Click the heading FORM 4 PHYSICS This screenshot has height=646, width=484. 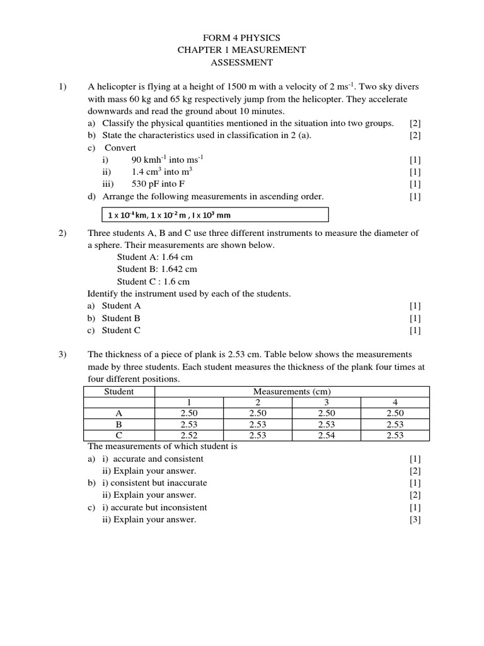[242, 38]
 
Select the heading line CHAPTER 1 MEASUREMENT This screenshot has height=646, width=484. [242, 50]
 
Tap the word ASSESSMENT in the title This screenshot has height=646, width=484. [242, 62]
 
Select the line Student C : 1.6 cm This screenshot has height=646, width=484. [153, 281]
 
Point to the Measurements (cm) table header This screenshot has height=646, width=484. [292, 392]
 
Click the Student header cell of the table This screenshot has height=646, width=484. [119, 392]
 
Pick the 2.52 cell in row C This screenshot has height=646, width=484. [189, 435]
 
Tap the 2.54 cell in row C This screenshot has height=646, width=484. [326, 435]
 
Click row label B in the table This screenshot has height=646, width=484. [119, 425]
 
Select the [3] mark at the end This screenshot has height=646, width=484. [415, 520]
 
